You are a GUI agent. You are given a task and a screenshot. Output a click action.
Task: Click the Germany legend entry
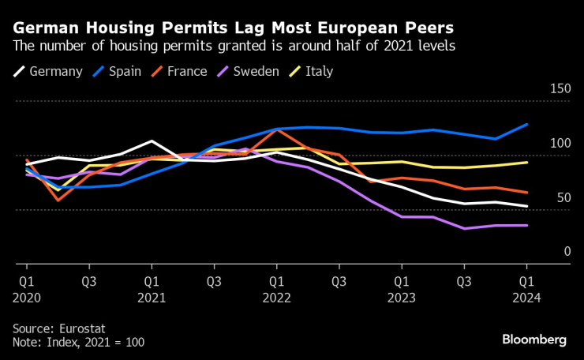48,72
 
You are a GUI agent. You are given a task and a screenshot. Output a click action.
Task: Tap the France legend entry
179,72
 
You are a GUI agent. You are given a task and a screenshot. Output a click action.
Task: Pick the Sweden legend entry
247,72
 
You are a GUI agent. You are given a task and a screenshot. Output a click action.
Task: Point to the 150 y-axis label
560,89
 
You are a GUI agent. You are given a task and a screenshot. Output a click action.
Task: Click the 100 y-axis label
560,144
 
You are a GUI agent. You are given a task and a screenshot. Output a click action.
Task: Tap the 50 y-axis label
563,197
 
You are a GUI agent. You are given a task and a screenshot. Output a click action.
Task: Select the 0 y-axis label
567,252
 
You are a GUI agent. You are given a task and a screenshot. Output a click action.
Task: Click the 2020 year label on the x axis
26,297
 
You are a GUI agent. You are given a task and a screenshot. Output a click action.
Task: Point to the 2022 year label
276,297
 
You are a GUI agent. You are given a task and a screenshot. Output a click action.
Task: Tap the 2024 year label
526,297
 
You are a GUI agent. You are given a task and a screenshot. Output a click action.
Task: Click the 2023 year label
401,297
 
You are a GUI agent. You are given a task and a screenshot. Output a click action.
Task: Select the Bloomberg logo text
534,339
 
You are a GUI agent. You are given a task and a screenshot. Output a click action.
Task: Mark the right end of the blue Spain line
526,124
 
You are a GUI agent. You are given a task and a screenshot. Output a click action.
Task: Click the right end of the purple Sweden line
526,225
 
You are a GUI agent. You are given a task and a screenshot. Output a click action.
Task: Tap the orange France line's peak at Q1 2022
276,129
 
